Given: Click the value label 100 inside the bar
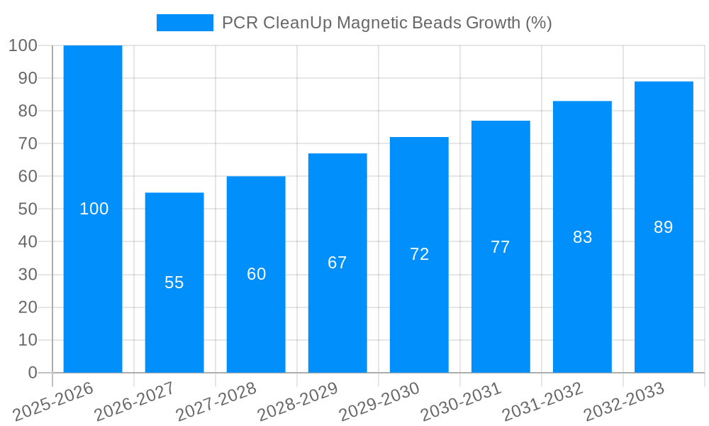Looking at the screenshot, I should tap(94, 209).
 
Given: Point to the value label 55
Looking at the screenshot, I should tap(174, 283).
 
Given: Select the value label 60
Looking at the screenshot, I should tap(257, 274).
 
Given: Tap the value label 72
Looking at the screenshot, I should tap(420, 254).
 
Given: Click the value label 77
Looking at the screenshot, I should tap(501, 247).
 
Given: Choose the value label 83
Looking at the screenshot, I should tap(582, 237).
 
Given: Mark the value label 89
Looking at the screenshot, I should tap(664, 227).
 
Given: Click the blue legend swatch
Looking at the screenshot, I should tap(184, 23).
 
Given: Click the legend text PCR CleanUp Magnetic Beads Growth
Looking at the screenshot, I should tap(387, 23).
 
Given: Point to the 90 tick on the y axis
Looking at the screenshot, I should tap(28, 78).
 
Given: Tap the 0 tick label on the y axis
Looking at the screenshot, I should tap(32, 373).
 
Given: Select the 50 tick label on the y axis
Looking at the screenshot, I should tap(28, 209).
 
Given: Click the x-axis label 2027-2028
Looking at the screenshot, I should tap(216, 402).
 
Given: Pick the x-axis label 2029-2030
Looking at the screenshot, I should tap(379, 402).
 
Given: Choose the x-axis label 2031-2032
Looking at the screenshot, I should tap(542, 402).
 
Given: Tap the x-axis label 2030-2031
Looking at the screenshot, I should tap(461, 402).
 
